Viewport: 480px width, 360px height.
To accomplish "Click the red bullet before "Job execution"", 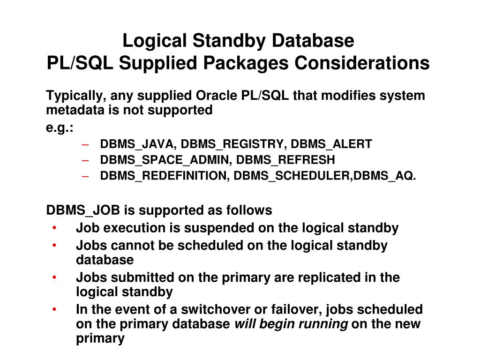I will point(55,228).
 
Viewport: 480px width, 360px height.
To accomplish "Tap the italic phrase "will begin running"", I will point(291,324).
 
